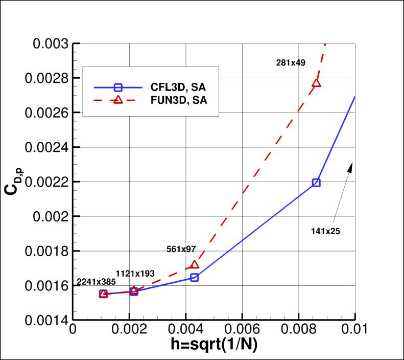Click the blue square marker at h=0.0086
coord(316,183)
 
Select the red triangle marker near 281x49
coord(316,83)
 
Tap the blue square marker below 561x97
coord(195,277)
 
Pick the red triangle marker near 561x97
coord(195,265)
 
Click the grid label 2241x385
coord(97,282)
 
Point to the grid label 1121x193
coord(135,274)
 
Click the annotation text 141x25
coord(325,231)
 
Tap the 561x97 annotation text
coord(181,249)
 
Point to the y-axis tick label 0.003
coord(54,43)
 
